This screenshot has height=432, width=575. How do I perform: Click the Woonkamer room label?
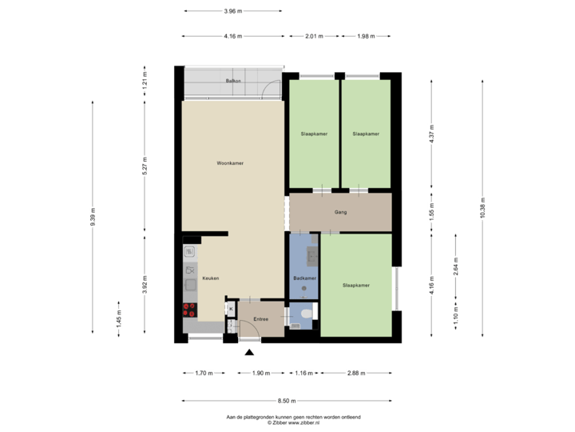pyautogui.click(x=230, y=163)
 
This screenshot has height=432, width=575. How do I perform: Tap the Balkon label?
pyautogui.click(x=233, y=82)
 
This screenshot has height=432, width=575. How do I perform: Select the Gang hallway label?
pyautogui.click(x=340, y=213)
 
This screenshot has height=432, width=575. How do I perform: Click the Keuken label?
pyautogui.click(x=211, y=278)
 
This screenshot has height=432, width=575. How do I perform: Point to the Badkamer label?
pyautogui.click(x=305, y=278)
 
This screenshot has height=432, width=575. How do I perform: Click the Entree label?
pyautogui.click(x=260, y=320)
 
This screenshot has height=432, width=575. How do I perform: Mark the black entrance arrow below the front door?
pyautogui.click(x=250, y=350)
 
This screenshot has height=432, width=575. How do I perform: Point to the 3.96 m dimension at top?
pyautogui.click(x=232, y=11)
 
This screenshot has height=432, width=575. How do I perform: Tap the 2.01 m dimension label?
pyautogui.click(x=315, y=36)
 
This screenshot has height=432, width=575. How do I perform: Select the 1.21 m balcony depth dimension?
pyautogui.click(x=145, y=81)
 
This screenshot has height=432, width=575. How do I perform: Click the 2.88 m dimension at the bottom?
pyautogui.click(x=355, y=373)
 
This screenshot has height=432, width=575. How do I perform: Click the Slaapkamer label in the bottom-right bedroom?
pyautogui.click(x=355, y=286)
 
